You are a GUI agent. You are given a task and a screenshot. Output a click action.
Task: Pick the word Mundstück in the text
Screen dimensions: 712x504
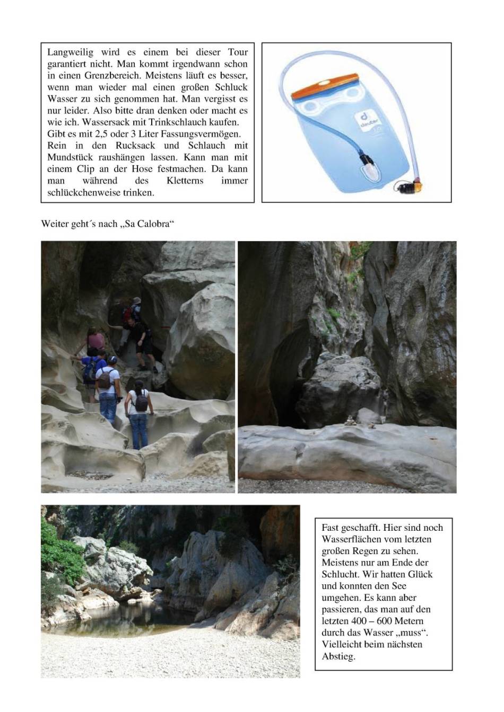pos(71,157)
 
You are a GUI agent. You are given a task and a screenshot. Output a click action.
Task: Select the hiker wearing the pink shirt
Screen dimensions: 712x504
pos(95,342)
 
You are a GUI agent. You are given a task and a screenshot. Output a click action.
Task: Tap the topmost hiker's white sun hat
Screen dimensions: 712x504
pos(136,300)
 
